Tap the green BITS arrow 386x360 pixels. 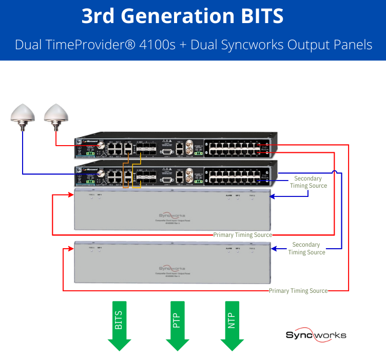[x=119, y=328]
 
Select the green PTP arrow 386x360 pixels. [x=178, y=328]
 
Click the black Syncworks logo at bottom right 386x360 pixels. [x=316, y=335]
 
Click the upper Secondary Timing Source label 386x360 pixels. [x=308, y=182]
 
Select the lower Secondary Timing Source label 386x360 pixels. [x=306, y=248]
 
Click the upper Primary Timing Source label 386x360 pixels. [x=242, y=235]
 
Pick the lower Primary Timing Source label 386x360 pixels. [x=298, y=291]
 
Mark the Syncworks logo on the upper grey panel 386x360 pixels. [x=172, y=216]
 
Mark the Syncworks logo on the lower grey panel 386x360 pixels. [x=172, y=268]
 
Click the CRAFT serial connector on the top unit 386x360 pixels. [x=165, y=146]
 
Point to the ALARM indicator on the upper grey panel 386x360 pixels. [x=228, y=196]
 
